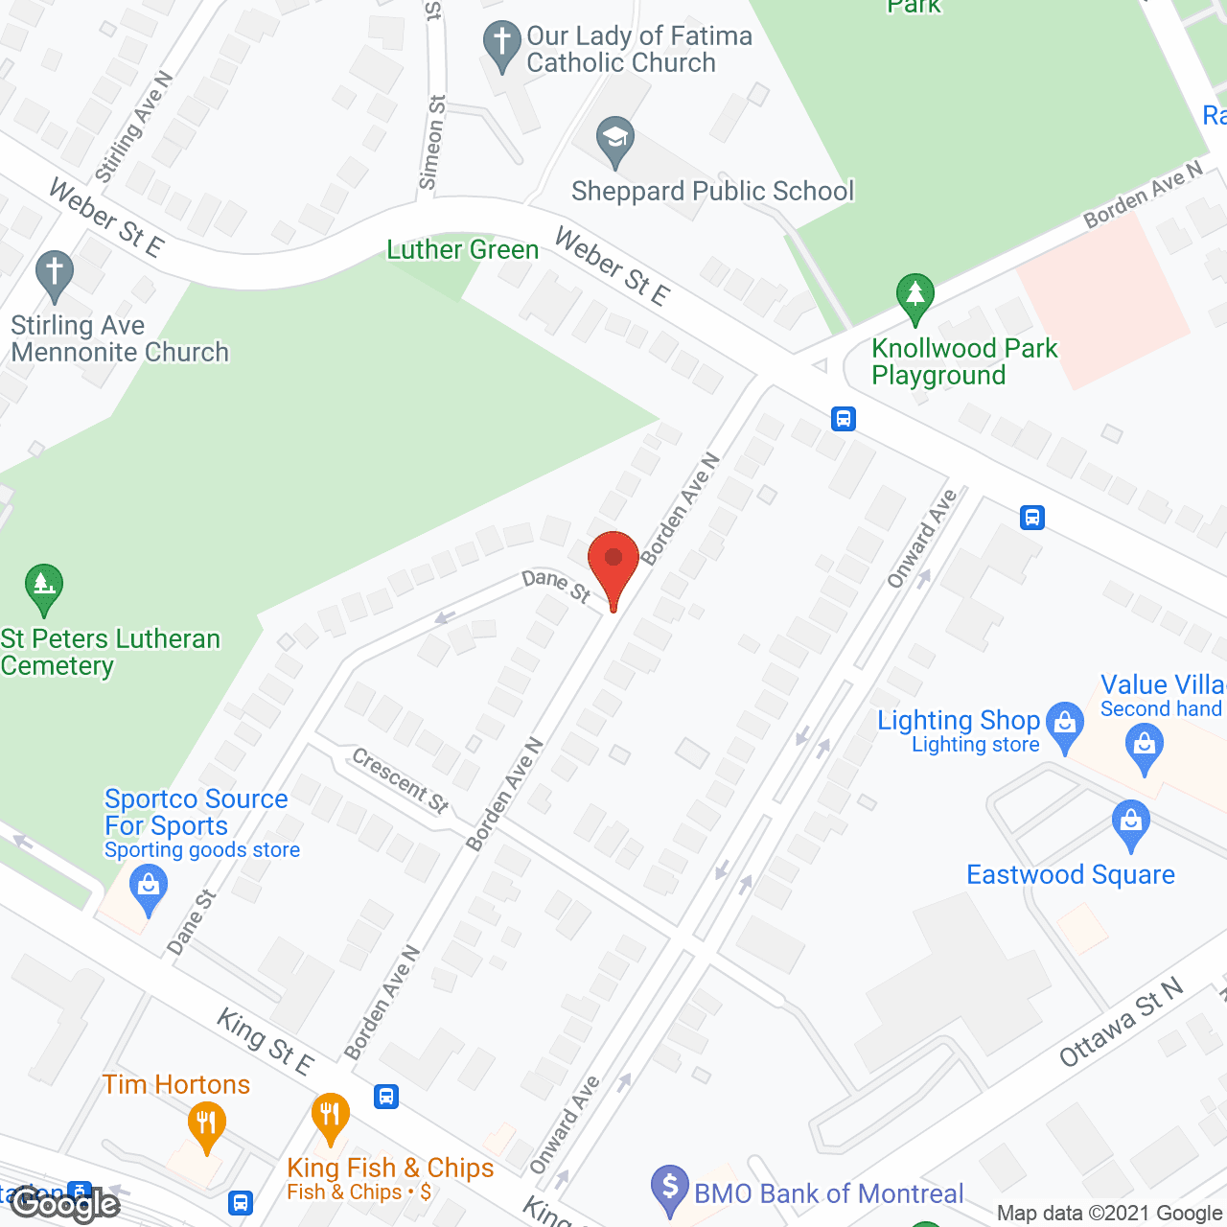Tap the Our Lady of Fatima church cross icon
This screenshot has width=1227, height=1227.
pos(501,43)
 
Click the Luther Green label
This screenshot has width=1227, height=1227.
pos(462,250)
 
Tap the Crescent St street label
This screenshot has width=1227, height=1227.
pos(401,781)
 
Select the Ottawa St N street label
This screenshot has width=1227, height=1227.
pos(1121,1023)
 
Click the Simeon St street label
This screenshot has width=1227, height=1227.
pos(433,142)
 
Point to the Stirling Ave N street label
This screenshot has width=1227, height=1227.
pos(133,127)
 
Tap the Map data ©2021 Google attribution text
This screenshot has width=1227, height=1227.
pos(1110,1214)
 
